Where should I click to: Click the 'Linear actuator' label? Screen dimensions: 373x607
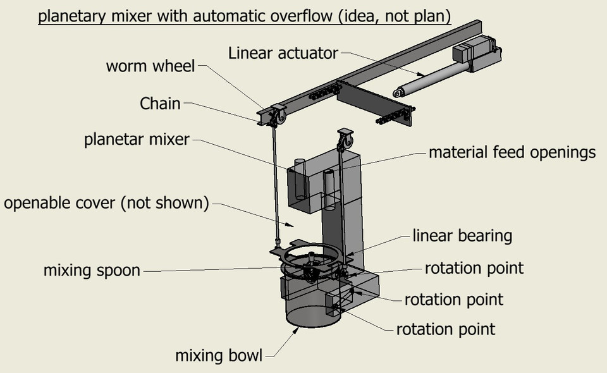coord(283,52)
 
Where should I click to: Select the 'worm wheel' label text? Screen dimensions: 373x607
coord(150,66)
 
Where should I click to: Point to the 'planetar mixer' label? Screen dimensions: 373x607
coord(137,139)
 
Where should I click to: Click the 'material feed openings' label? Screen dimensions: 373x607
coord(512,152)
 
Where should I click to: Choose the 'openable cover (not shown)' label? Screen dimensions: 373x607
coord(106,204)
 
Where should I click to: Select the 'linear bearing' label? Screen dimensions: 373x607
coord(462,236)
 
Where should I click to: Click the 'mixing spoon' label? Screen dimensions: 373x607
coord(92,271)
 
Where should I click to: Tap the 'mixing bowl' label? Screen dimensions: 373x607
coord(218,355)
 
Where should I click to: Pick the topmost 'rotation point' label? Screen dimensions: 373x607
coord(474,267)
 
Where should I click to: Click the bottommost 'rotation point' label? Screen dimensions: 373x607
coord(446,329)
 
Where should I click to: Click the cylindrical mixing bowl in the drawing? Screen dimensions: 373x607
coord(309,307)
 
